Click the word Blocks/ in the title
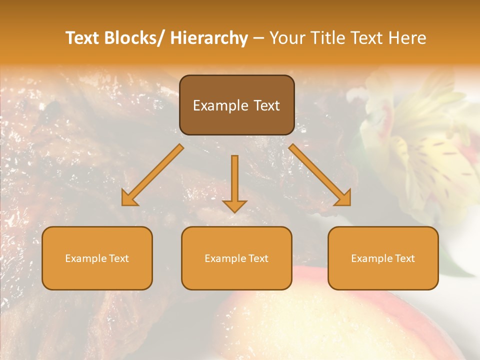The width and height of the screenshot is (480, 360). point(135,38)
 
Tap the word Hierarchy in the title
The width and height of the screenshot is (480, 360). point(209,38)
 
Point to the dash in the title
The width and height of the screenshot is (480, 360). point(258,38)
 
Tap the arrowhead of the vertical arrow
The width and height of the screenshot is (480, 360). point(234,205)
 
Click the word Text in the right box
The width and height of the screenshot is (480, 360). point(405,258)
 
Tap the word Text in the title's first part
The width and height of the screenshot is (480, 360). point(82,38)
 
